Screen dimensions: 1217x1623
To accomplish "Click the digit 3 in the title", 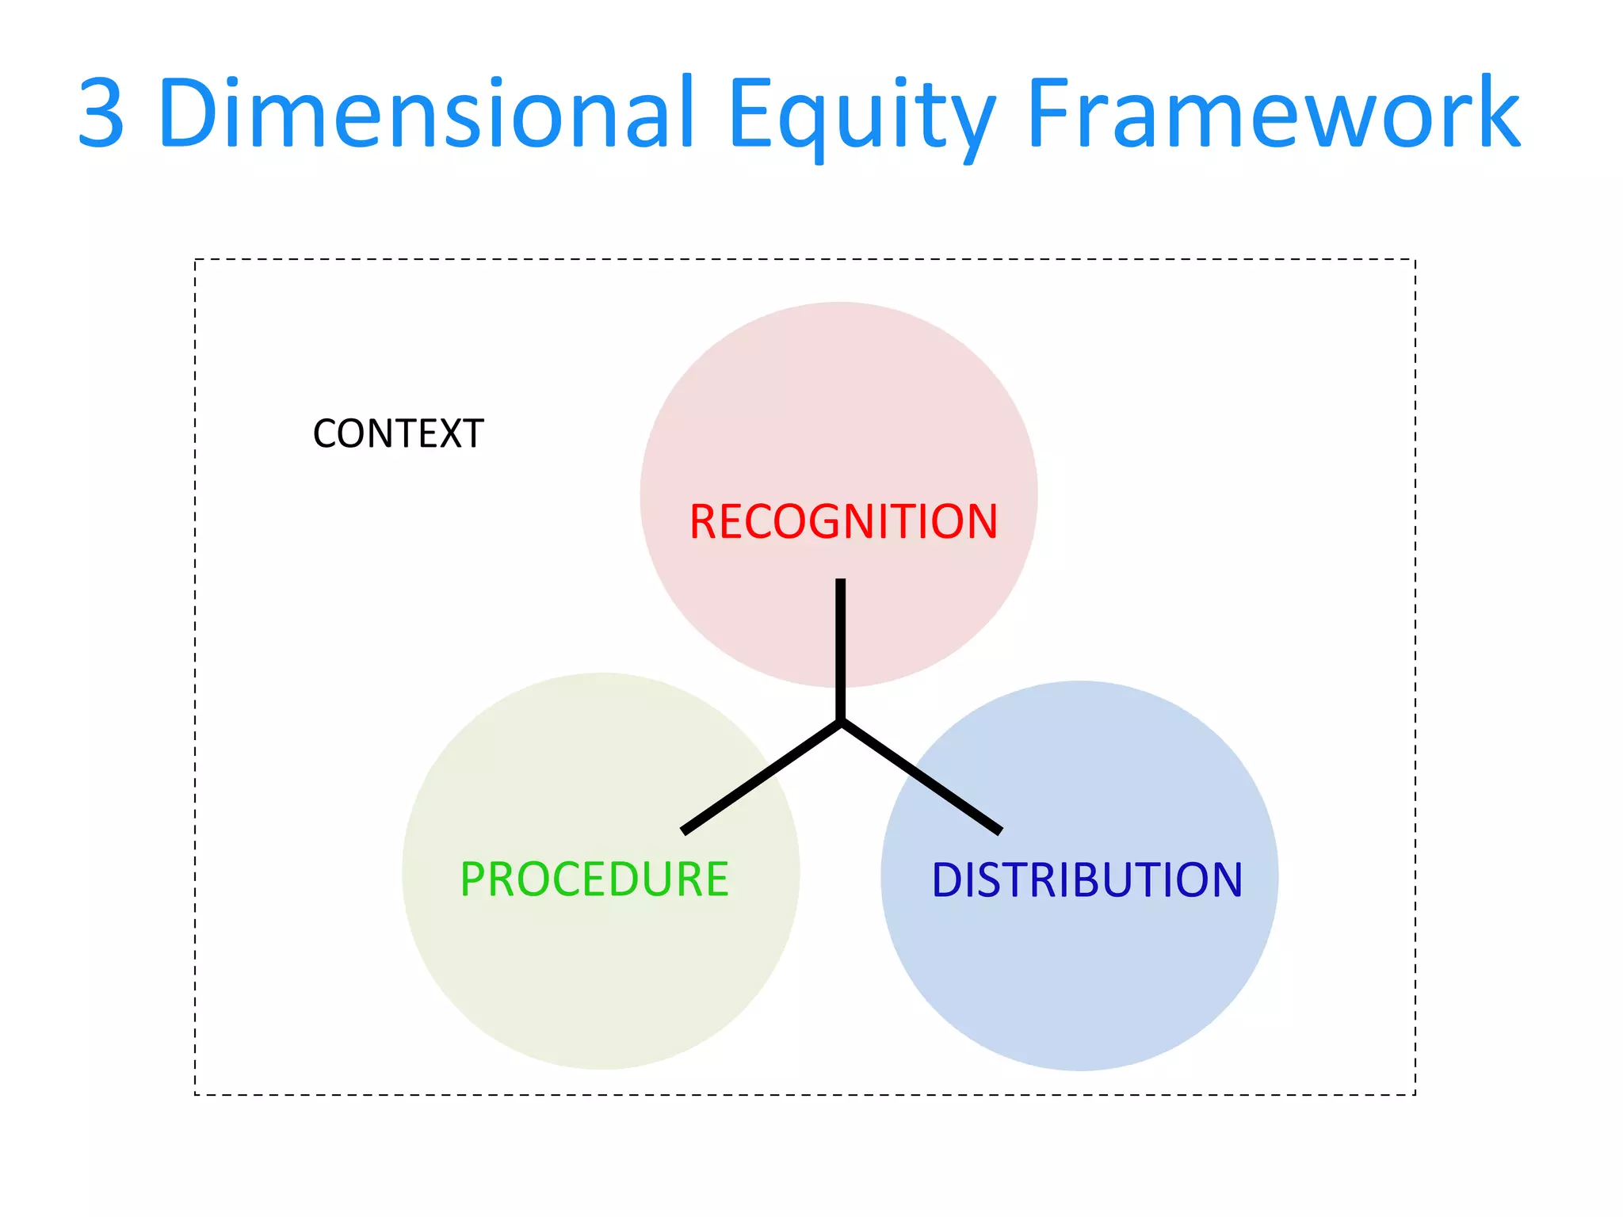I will (x=101, y=113).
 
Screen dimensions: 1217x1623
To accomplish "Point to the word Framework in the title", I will (x=1273, y=113).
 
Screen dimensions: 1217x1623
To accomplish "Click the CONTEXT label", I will (x=398, y=434).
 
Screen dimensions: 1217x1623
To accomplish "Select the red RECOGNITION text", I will (x=843, y=522).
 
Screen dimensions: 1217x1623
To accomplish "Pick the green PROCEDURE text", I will (x=594, y=879).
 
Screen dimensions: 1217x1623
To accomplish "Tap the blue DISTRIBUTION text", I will (x=1086, y=880).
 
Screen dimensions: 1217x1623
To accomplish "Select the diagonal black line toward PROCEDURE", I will (x=761, y=777).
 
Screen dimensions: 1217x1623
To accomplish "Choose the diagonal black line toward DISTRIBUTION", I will (x=921, y=776).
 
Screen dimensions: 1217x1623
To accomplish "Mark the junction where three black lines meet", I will (x=841, y=722).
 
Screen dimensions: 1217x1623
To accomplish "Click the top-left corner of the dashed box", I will (x=196, y=260).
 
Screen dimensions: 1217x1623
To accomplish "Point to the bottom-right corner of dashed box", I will (x=1415, y=1094).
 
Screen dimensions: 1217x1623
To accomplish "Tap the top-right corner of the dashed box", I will (x=1415, y=260).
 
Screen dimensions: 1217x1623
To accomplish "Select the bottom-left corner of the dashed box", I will (x=196, y=1094).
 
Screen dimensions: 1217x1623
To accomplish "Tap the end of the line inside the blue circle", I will (x=1000, y=831).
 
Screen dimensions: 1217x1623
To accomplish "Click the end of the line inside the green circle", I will (x=684, y=831).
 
